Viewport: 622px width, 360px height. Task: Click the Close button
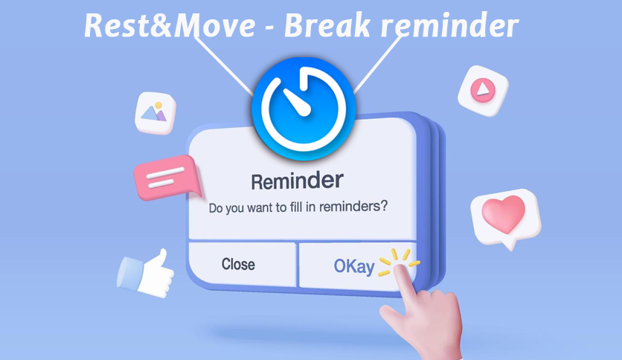238,264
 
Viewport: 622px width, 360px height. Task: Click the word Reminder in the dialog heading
297,180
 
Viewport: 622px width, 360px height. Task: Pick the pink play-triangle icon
483,90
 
